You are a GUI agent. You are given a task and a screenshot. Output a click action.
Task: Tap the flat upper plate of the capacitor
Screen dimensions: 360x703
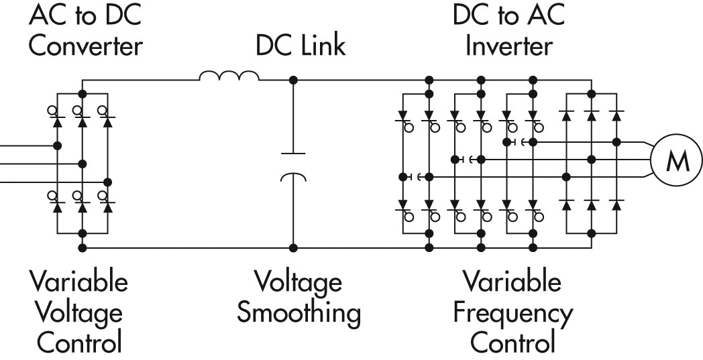pyautogui.click(x=292, y=154)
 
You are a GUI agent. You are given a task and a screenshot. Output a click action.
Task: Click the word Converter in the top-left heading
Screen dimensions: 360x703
pyautogui.click(x=85, y=47)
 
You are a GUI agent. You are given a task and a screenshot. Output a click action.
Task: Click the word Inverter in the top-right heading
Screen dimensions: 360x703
pyautogui.click(x=510, y=47)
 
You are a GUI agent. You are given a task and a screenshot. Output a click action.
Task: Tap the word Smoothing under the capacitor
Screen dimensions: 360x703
pyautogui.click(x=299, y=313)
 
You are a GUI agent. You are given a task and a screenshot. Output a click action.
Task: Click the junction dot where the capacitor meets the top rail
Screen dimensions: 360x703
pyautogui.click(x=292, y=80)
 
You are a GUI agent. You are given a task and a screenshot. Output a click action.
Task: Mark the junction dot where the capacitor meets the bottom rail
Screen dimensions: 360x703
pyautogui.click(x=292, y=247)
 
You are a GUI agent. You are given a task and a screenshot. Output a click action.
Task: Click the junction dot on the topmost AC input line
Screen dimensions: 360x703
pyautogui.click(x=58, y=145)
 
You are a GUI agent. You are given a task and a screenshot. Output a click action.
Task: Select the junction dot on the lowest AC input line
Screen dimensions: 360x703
pyautogui.click(x=107, y=182)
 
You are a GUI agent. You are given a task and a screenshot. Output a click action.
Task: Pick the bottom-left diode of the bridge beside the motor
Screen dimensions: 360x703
pyautogui.click(x=566, y=202)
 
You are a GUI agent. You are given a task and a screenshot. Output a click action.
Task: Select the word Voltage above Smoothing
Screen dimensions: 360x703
pyautogui.click(x=298, y=282)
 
